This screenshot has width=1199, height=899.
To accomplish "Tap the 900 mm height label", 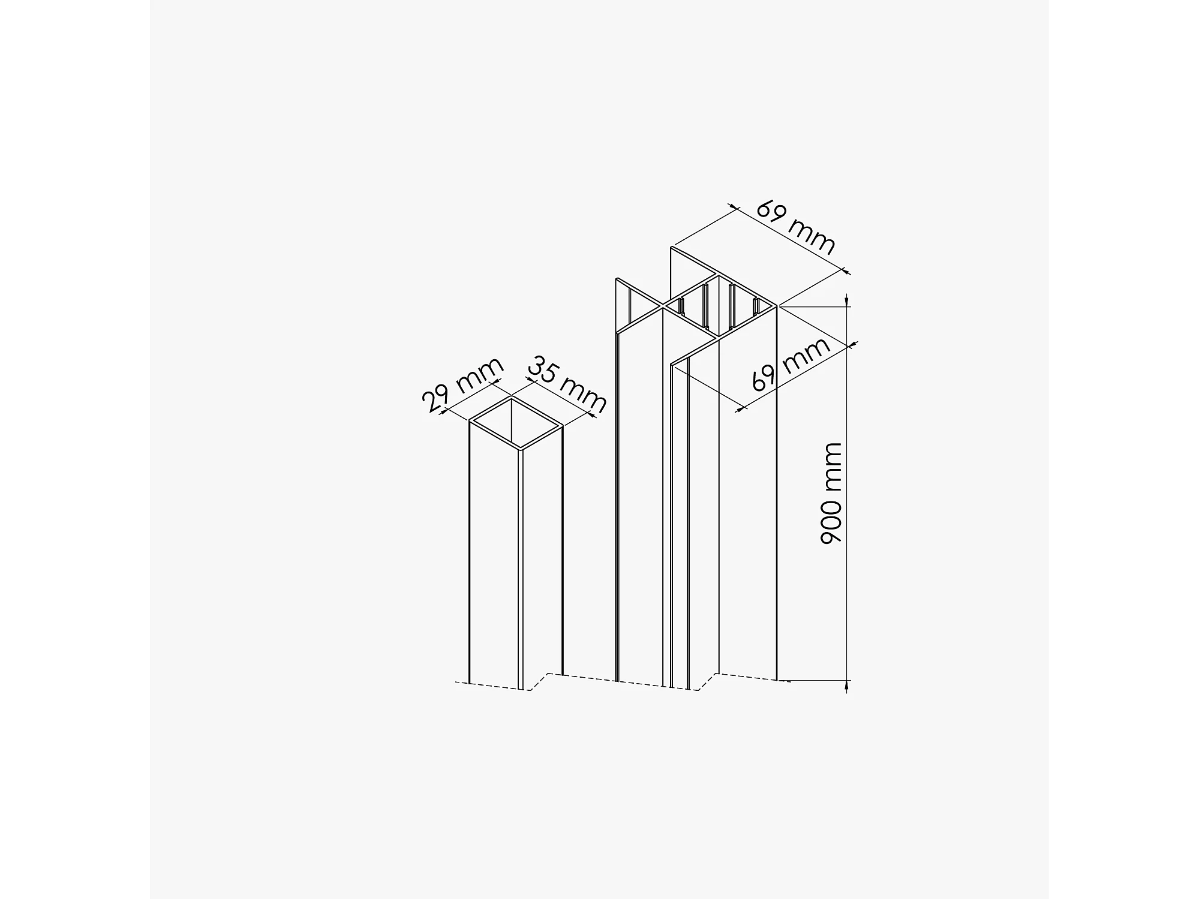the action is pos(831,493).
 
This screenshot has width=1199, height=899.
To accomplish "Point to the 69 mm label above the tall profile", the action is pos(796,227).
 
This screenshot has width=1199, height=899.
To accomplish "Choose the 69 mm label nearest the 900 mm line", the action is pos(791,365).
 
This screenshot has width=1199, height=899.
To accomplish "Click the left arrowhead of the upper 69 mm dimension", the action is pos(733,208).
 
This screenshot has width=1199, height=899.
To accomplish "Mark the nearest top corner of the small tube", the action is pos(519,449).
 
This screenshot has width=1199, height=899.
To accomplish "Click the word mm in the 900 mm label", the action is pos(831,465).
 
